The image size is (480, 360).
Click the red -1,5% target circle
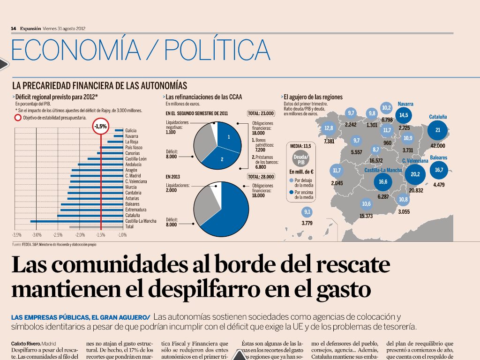click(x=101, y=126)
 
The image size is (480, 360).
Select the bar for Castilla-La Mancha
click(x=77, y=221)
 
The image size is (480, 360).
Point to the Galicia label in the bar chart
click(x=131, y=130)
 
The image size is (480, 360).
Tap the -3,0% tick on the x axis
click(x=37, y=234)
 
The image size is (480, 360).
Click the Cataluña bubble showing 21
click(x=438, y=130)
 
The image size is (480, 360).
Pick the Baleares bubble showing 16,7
click(x=439, y=170)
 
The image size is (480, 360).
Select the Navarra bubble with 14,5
click(x=404, y=115)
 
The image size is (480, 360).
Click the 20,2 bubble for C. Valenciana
click(x=415, y=175)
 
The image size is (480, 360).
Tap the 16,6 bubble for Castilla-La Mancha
click(x=383, y=182)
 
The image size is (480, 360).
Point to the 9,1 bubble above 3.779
click(x=307, y=212)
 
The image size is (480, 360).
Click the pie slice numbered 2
click(x=223, y=159)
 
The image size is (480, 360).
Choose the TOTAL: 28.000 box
click(x=261, y=177)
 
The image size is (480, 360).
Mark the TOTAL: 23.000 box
click(x=261, y=113)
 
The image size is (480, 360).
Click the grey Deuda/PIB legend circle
click(x=301, y=160)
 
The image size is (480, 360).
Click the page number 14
click(x=14, y=28)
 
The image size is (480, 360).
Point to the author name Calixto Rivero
click(x=26, y=344)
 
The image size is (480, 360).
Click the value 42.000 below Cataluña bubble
click(x=438, y=146)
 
